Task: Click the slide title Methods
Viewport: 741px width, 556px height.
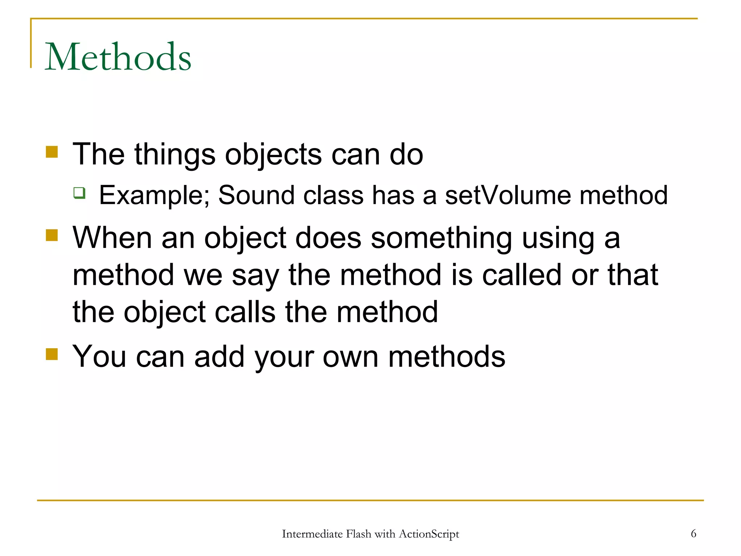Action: pyautogui.click(x=118, y=57)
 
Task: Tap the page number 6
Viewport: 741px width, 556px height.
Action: pyautogui.click(x=693, y=534)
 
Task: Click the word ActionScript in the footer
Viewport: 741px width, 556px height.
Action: pyautogui.click(x=429, y=534)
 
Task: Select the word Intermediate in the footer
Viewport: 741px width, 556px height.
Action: pyautogui.click(x=312, y=534)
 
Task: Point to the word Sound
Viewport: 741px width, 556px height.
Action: pyautogui.click(x=257, y=195)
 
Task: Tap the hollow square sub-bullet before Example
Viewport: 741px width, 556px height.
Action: pyautogui.click(x=79, y=193)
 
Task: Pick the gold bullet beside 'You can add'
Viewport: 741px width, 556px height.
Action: pyautogui.click(x=52, y=354)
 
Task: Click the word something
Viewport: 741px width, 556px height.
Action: pyautogui.click(x=441, y=239)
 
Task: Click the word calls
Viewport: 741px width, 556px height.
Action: pyautogui.click(x=245, y=312)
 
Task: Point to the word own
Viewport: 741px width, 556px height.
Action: pyautogui.click(x=350, y=357)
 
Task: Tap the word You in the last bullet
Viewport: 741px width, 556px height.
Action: pyautogui.click(x=99, y=357)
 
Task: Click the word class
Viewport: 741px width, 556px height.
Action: pyautogui.click(x=333, y=195)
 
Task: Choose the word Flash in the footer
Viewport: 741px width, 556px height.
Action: pyautogui.click(x=358, y=534)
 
